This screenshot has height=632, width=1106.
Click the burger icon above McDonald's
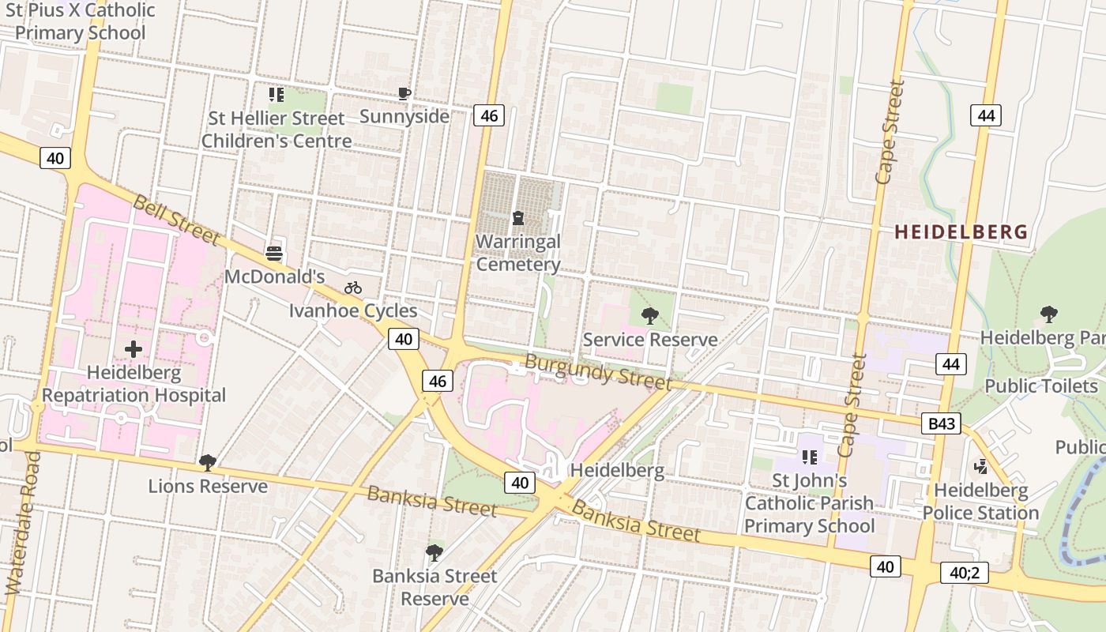coord(274,253)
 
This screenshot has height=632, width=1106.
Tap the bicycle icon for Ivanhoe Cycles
coord(353,288)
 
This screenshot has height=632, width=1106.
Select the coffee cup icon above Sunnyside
coord(404,94)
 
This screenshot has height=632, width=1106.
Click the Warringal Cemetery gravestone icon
coord(518,217)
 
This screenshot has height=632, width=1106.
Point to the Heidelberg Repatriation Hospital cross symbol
coord(134,348)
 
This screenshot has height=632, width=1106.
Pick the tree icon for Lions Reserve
coord(208,462)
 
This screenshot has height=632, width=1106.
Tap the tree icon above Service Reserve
coord(650,316)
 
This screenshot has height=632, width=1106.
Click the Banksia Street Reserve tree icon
coord(434,552)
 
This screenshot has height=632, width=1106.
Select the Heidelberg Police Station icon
coord(980,467)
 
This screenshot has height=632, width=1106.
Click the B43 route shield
coord(942,424)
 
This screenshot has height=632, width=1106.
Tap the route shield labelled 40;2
coord(964,573)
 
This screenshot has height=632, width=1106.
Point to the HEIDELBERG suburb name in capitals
coord(961,232)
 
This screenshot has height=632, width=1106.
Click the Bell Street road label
coord(175,219)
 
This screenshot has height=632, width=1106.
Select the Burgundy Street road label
coord(598,372)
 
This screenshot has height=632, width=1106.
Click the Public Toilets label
coord(1040,386)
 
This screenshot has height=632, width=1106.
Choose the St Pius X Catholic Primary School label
coord(81,22)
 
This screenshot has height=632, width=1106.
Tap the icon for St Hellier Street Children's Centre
coord(276,95)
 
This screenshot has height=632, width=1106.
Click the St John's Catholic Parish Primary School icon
coord(809,457)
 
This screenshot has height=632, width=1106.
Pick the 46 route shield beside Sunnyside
coord(489,116)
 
